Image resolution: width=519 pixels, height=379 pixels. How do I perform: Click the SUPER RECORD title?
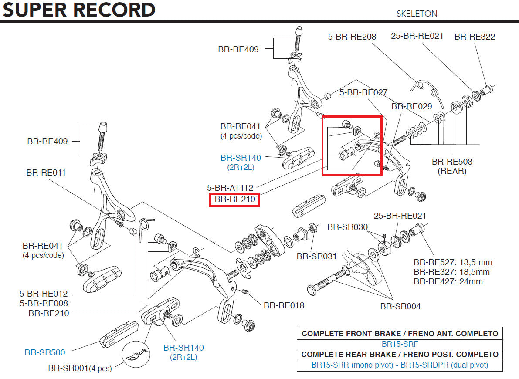[x=79, y=10]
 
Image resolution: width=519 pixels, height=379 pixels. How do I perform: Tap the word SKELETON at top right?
[x=417, y=14]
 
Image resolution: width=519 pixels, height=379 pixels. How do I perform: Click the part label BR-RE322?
[x=475, y=37]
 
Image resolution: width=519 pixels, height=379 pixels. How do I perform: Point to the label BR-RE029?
[x=411, y=106]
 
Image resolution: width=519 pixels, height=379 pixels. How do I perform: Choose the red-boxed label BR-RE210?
[x=234, y=200]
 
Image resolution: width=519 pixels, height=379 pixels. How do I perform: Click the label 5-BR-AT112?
[x=230, y=188]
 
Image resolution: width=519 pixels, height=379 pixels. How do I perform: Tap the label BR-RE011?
[x=46, y=173]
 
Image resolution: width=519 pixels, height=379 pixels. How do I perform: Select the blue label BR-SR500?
[x=45, y=352]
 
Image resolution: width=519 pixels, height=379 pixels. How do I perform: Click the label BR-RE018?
[x=284, y=305]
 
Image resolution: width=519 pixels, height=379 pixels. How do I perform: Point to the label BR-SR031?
[x=317, y=256]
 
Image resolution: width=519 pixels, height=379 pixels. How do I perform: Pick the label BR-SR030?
[x=347, y=227]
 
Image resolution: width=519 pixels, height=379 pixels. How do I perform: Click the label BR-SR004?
[x=400, y=306]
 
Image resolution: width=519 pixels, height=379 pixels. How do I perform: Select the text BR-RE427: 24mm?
[x=448, y=281]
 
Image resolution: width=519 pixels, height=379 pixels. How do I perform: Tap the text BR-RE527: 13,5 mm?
[x=453, y=262]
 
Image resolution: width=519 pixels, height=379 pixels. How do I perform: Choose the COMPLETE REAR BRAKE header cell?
[x=400, y=354]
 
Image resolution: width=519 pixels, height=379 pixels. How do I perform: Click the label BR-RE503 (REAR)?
[x=452, y=166]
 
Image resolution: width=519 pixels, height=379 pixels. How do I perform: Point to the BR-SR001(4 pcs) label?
[x=80, y=369]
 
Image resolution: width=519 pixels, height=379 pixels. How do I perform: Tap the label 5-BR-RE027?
[x=363, y=92]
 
